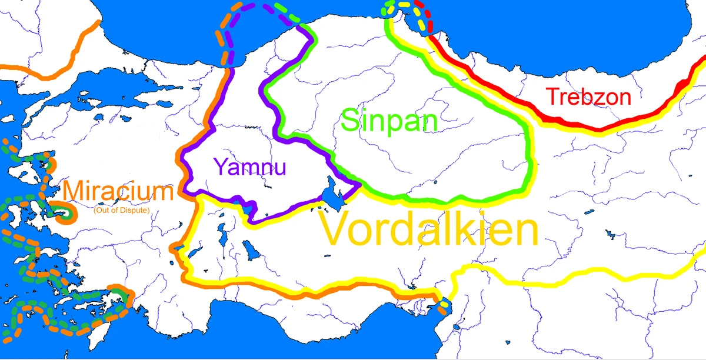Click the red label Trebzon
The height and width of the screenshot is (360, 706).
588,96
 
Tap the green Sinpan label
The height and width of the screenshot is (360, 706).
389,121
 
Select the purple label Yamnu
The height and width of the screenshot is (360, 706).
250,167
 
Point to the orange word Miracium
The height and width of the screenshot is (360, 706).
118,192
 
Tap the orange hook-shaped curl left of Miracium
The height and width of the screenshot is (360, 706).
64,212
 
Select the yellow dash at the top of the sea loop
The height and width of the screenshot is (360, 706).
405,4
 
